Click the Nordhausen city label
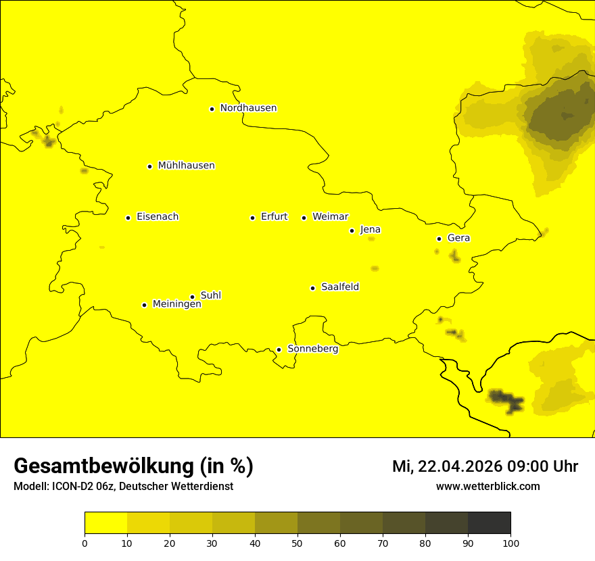pyautogui.click(x=248, y=108)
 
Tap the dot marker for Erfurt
pyautogui.click(x=252, y=218)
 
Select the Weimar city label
pyautogui.click(x=330, y=217)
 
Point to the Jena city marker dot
pyautogui.click(x=352, y=230)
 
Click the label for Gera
pyautogui.click(x=458, y=238)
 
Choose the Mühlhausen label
pyautogui.click(x=186, y=166)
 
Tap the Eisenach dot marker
pyautogui.click(x=128, y=218)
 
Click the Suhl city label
pyautogui.click(x=211, y=295)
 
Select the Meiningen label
pyautogui.click(x=176, y=304)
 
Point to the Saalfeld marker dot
pyautogui.click(x=312, y=288)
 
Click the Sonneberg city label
pyautogui.click(x=312, y=349)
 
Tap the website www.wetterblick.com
pyautogui.click(x=487, y=487)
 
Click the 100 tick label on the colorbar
pyautogui.click(x=510, y=543)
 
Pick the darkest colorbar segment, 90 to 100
pyautogui.click(x=489, y=522)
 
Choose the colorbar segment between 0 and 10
pyautogui.click(x=105, y=522)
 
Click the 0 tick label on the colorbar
pyautogui.click(x=85, y=543)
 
